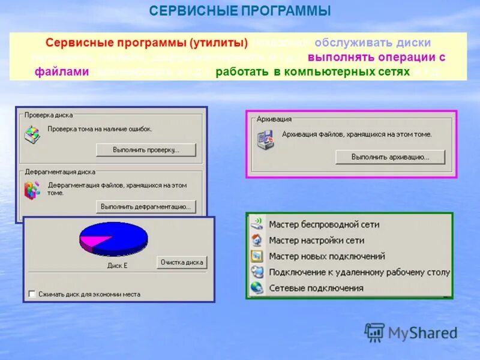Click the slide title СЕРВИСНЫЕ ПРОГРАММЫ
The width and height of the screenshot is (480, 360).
point(240,11)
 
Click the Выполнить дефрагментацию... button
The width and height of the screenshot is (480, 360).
point(146,206)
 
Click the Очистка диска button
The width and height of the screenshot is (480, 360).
point(182,262)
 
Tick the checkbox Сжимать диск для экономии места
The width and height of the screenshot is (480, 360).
point(32,294)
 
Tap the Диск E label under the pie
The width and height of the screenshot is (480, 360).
point(117,265)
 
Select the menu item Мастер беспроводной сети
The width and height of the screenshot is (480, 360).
point(323,224)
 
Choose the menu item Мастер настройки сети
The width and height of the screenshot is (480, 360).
point(316,240)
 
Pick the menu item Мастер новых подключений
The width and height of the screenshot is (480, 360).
point(326,256)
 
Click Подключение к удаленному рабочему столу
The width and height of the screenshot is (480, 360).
point(359,272)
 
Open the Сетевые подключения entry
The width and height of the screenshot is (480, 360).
point(316,288)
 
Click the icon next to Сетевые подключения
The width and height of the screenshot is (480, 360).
point(257,288)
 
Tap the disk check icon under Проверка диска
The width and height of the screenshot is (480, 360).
point(32,134)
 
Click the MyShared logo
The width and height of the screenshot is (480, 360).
point(411,332)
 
